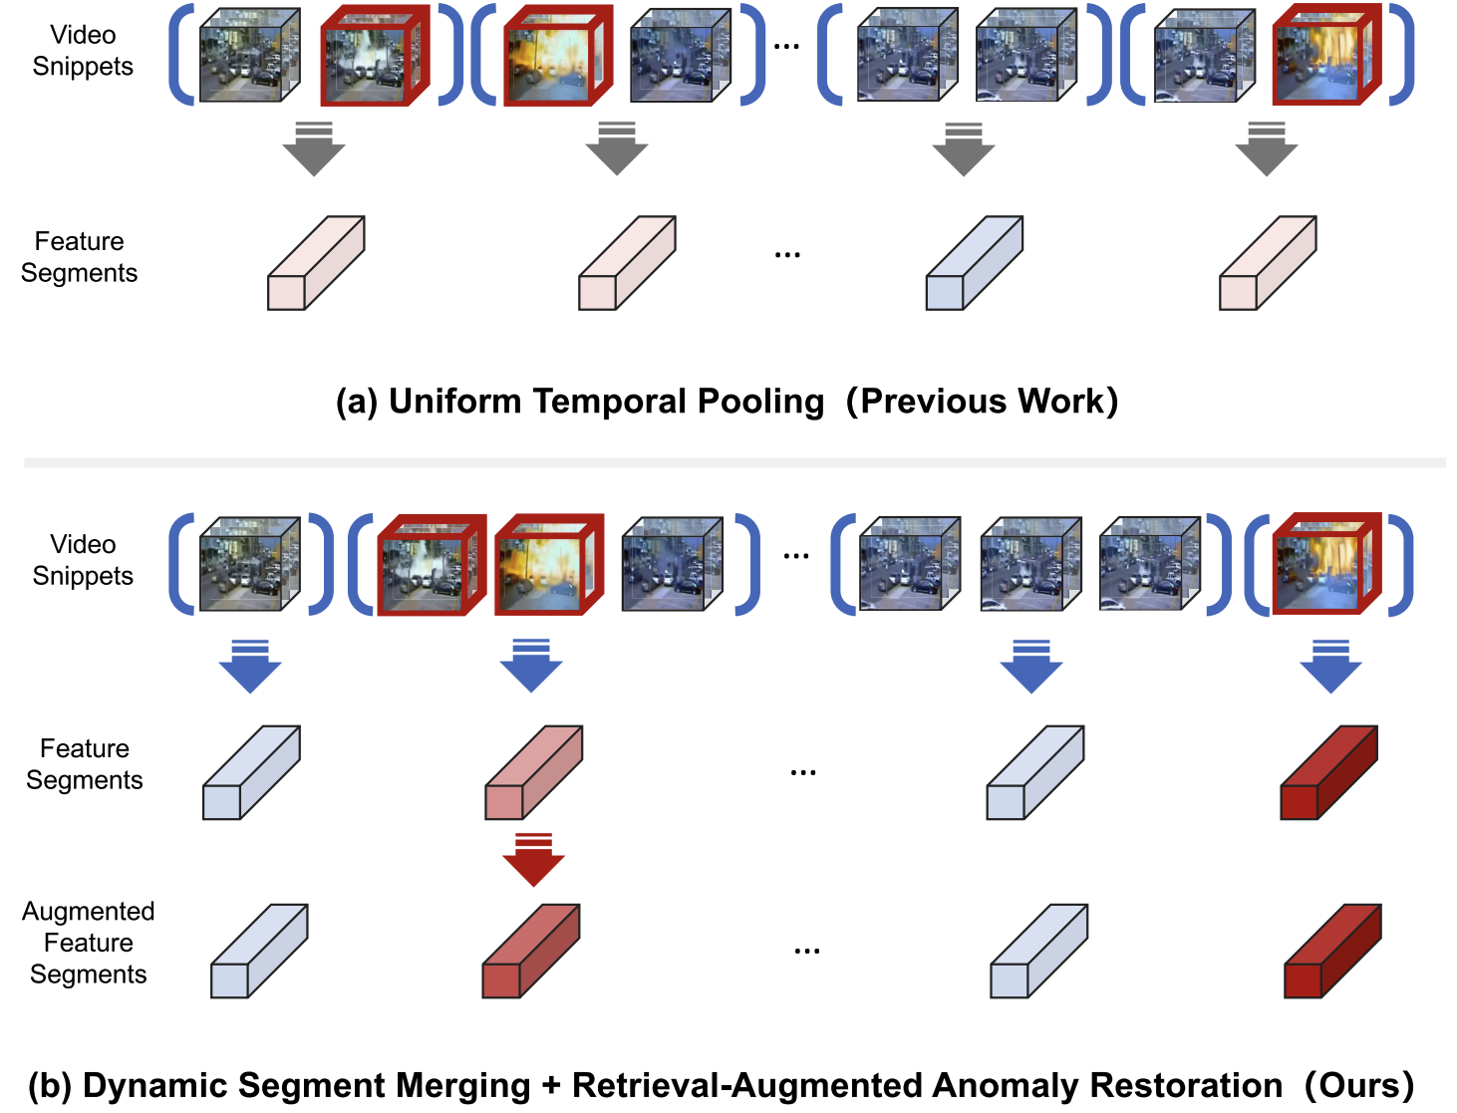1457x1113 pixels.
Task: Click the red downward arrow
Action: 533,860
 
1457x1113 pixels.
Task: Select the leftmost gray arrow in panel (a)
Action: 314,149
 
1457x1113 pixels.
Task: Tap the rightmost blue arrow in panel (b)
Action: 1330,667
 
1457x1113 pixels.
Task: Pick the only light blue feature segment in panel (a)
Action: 974,264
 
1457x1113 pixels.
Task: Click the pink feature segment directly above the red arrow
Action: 533,773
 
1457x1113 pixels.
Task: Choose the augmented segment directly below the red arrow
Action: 530,952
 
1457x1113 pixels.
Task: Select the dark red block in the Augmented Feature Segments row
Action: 1332,952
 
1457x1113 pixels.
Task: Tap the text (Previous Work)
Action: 982,401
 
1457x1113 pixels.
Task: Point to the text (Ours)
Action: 1359,1085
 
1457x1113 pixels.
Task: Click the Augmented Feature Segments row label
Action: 89,943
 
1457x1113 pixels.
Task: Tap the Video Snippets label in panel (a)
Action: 83,51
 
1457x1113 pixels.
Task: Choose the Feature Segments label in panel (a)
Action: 79,257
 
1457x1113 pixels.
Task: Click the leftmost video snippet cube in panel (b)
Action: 249,564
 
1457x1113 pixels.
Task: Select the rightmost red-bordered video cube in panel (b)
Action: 1325,564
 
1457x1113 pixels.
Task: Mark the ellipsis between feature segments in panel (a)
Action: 787,255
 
